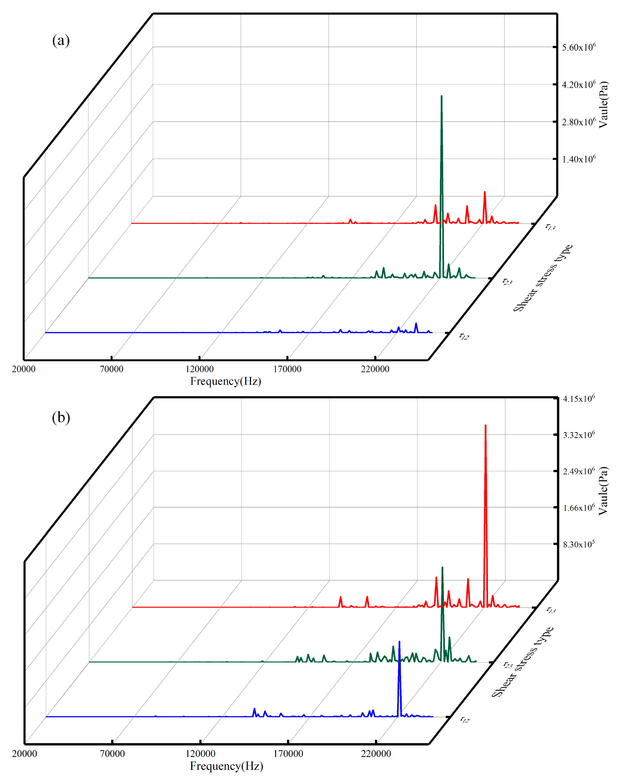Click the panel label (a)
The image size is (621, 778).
(61, 40)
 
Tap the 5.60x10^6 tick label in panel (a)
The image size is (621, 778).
(578, 47)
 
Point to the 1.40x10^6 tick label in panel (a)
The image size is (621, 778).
(578, 159)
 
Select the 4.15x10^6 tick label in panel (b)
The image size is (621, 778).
(578, 399)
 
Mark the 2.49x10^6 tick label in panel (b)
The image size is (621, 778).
(578, 471)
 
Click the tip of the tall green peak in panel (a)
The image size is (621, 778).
(441, 96)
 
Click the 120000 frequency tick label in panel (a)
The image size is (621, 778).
(199, 369)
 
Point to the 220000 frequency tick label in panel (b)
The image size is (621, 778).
(376, 753)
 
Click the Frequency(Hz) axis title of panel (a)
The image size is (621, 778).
(225, 381)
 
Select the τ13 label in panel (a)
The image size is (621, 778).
(550, 227)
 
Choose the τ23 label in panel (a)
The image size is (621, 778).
(507, 281)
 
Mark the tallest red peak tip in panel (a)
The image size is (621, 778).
(485, 192)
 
